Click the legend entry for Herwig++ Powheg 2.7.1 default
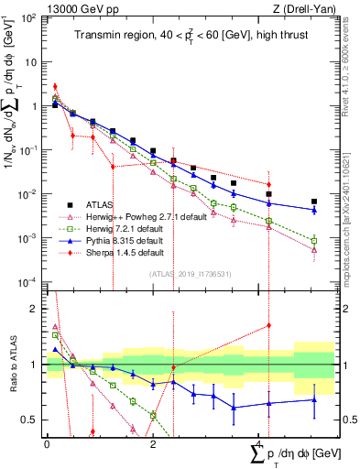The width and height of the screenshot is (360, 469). (137, 218)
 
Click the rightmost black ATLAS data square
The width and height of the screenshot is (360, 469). (314, 202)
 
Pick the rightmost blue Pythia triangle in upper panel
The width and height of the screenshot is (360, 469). (314, 210)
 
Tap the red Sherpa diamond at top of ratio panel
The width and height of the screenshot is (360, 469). (268, 325)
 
